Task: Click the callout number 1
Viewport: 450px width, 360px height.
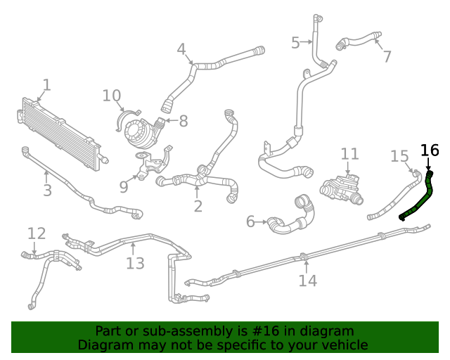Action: [46, 85]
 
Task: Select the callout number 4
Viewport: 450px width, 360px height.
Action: [181, 49]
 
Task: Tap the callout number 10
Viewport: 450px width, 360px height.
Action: [112, 96]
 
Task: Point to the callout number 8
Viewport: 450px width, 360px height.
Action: [184, 121]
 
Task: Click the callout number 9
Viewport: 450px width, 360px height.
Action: [124, 186]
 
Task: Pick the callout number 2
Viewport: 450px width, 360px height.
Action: [198, 206]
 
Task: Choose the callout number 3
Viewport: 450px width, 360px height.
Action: [47, 191]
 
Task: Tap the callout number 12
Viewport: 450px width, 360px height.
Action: [37, 233]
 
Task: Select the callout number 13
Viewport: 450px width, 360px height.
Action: [135, 264]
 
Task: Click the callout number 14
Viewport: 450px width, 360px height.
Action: [307, 281]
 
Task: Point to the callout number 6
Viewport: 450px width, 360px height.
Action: [250, 222]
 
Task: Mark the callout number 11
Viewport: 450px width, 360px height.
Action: [349, 154]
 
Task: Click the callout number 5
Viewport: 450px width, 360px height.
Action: [295, 43]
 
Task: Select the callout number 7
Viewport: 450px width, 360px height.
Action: [387, 56]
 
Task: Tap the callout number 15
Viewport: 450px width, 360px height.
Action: [399, 155]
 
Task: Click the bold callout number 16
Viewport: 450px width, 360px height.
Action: [429, 150]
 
